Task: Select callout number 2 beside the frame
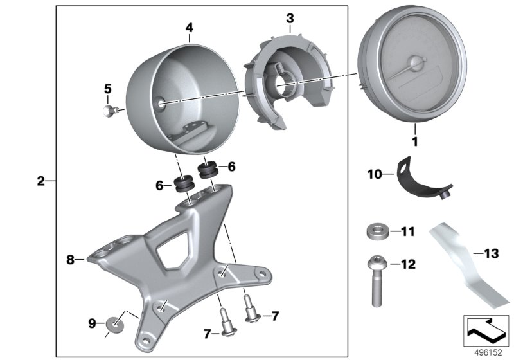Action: pos(40,181)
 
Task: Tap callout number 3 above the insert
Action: pos(290,18)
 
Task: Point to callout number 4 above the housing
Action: pos(189,28)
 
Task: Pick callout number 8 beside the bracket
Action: pos(71,260)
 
